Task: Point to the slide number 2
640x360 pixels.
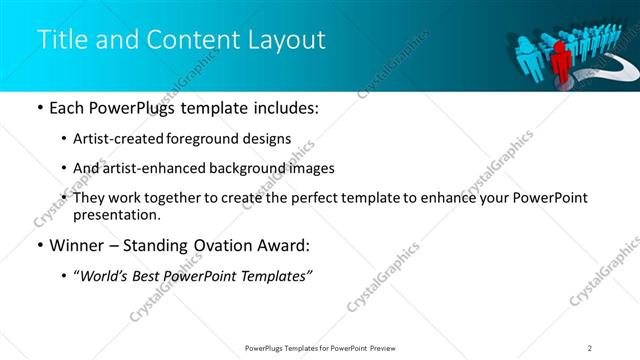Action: (590, 347)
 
